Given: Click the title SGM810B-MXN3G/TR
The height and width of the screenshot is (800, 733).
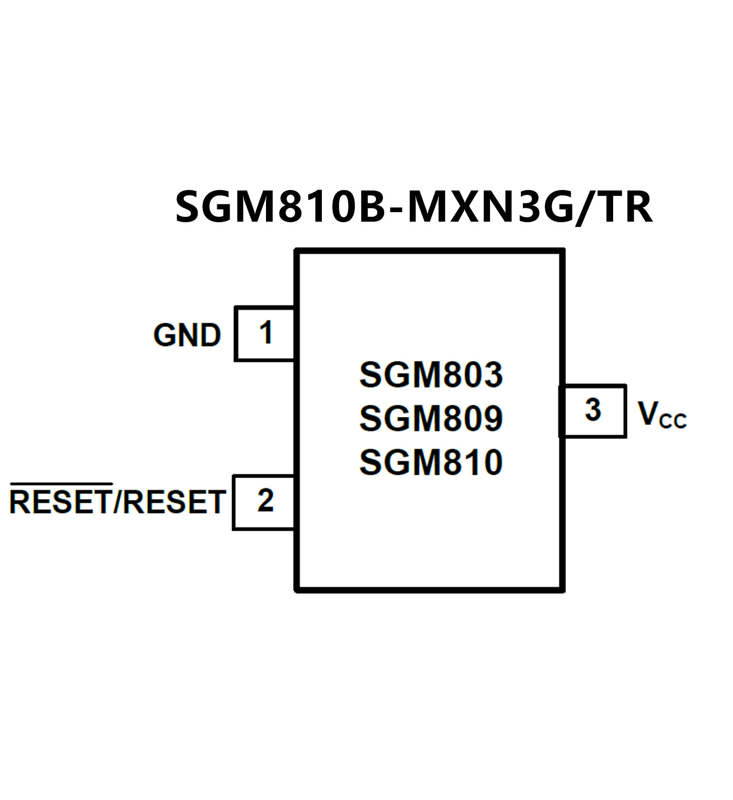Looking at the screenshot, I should pos(414,207).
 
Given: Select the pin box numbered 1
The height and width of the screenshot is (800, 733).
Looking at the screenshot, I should pos(265,334).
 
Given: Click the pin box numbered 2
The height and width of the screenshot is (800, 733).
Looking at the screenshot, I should pos(264,502).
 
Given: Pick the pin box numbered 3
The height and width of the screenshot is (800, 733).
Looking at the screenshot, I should pos(593,411).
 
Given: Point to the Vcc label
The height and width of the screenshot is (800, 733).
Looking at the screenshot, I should pos(662,414).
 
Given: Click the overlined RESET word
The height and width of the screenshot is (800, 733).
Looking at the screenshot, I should pos(61,502).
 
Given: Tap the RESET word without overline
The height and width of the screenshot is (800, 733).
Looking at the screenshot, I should pos(176,502).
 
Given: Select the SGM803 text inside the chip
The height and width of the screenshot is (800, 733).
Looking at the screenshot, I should pos(431,374).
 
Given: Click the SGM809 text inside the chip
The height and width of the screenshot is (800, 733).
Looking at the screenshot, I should pos(431,418).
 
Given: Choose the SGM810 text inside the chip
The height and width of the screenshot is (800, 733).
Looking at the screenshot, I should pos(431,462).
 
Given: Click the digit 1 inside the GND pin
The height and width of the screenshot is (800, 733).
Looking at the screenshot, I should pos(266,332).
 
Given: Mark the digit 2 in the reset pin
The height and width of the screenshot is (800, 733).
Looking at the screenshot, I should pos(266,501).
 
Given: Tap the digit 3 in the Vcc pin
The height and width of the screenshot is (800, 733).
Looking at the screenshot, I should pos(593,410).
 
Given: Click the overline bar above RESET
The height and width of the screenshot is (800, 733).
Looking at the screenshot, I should pos(61,484).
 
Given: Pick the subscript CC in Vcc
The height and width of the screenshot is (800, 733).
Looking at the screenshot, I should pos(673,421).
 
